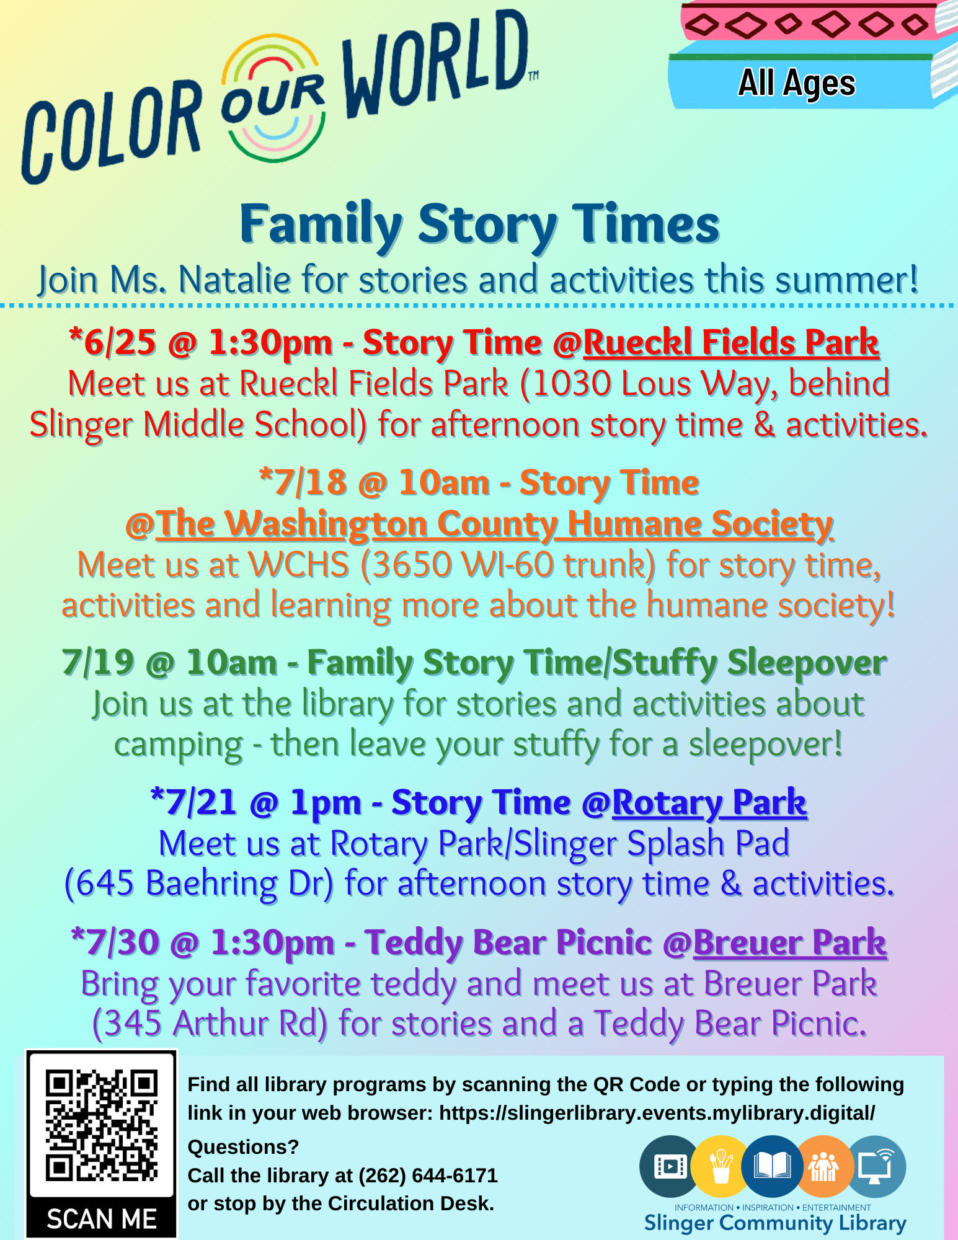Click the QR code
coord(101,1125)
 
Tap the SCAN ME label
coord(102,1219)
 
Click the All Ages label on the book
coord(796,83)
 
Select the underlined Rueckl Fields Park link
coord(731,343)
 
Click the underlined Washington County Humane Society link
coord(494,525)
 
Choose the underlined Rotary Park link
coord(709,803)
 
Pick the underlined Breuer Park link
coord(790,943)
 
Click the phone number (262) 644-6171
coord(428,1176)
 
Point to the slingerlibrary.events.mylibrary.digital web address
coord(657,1114)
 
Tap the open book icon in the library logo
coord(771,1166)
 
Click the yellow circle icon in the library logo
coord(721,1166)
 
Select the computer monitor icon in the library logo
coord(876,1166)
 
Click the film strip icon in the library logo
coord(670,1166)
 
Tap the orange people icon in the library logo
coord(823,1166)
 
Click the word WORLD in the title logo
coord(436,64)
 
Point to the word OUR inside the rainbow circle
coord(273,97)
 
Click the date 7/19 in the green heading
coord(98,663)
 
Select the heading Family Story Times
coord(479,224)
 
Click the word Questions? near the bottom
coord(243,1148)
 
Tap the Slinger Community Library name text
coord(775,1223)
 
